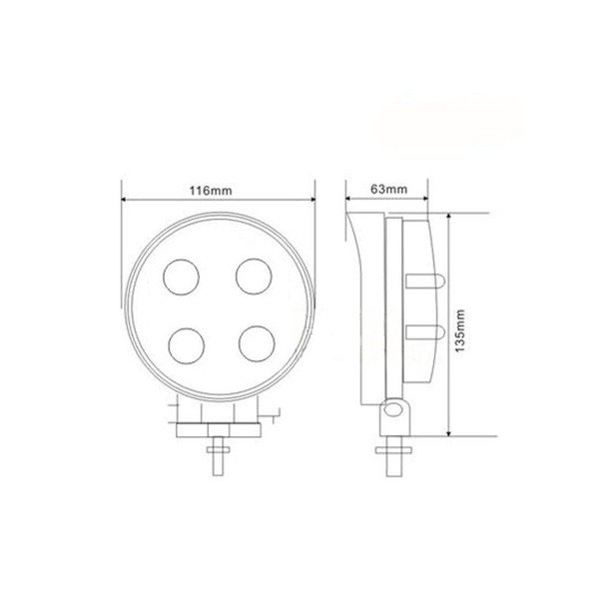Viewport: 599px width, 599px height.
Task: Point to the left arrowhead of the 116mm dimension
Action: tap(125, 196)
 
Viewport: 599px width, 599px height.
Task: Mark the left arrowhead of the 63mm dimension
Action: tap(346, 196)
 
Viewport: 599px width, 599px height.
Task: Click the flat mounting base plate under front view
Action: tap(218, 428)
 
